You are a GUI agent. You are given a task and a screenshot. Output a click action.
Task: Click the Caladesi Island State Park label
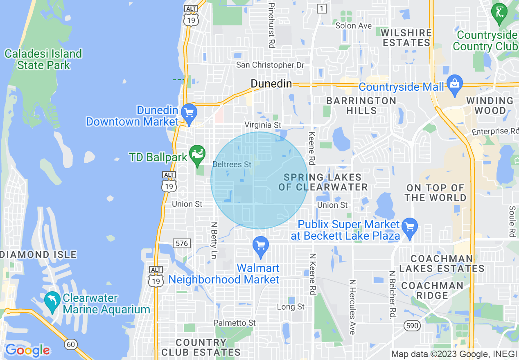click(x=43, y=59)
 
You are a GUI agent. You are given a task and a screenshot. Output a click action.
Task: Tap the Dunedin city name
click(x=271, y=84)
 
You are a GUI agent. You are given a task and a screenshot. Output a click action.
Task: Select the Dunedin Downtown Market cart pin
click(x=189, y=113)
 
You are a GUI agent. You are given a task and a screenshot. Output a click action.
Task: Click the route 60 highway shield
click(x=71, y=344)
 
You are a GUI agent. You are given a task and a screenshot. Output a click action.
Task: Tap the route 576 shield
click(x=182, y=243)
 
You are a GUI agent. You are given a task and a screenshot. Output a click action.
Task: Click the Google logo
click(x=27, y=350)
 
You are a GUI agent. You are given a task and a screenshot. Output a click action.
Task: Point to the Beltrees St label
click(x=232, y=164)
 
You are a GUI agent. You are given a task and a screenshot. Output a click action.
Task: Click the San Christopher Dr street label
click(x=271, y=65)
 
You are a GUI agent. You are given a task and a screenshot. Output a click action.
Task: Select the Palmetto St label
click(x=235, y=323)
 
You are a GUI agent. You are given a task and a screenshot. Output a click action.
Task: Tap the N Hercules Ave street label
click(x=352, y=307)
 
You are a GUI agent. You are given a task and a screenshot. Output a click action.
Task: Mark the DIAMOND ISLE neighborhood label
click(x=39, y=254)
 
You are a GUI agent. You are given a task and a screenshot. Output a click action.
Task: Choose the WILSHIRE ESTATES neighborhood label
click(x=406, y=37)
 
